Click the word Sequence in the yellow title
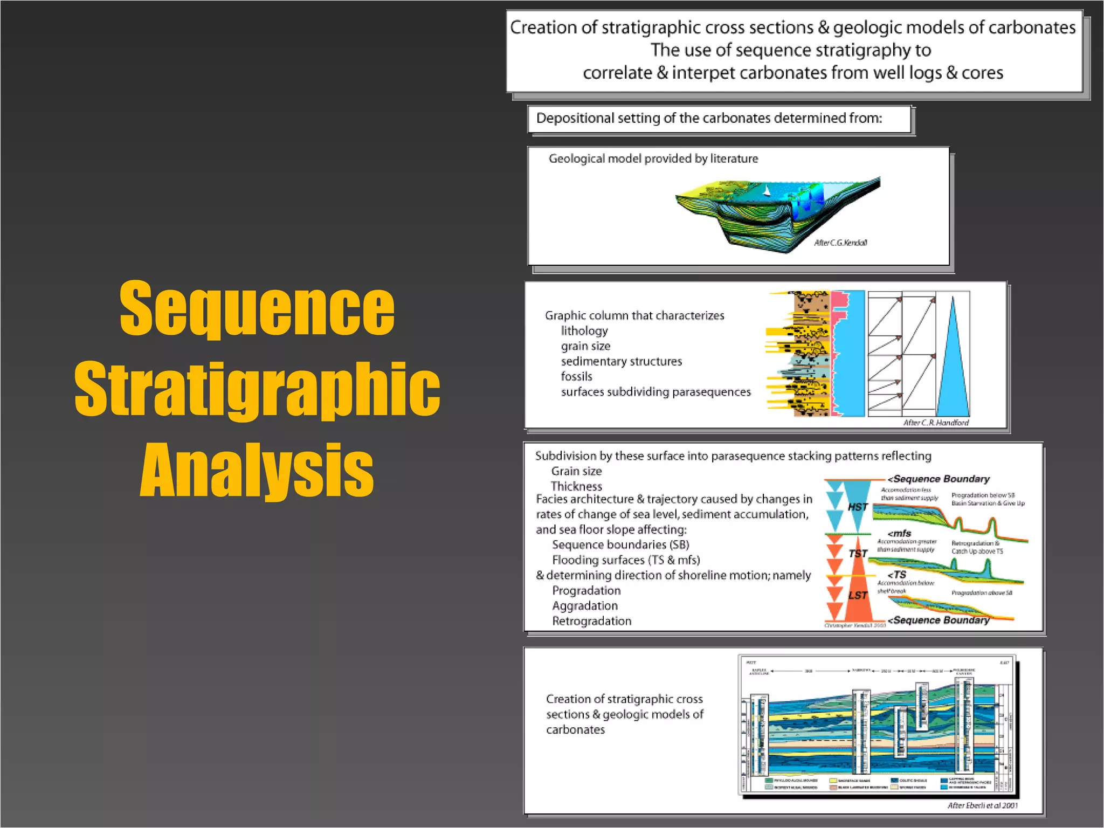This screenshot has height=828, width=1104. coord(257,309)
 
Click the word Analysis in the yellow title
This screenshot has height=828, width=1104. coord(257,470)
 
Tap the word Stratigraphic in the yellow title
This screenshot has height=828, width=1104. coord(257,389)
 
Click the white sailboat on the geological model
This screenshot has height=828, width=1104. coord(767,190)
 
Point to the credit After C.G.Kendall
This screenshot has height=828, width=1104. coord(840,243)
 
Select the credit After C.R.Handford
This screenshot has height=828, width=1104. coord(936,423)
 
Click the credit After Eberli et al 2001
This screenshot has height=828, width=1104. coord(983,805)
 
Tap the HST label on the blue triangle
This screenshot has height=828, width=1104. coord(857,507)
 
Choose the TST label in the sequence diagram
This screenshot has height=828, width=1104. coord(858,554)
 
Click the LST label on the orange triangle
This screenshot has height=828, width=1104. coord(858,595)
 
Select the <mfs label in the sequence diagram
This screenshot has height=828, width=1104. coord(899,533)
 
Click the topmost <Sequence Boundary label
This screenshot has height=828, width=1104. coord(939,479)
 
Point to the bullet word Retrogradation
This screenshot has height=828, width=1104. coord(591,621)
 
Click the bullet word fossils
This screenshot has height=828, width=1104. coord(576,376)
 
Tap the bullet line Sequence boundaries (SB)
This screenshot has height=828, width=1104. coord(620,544)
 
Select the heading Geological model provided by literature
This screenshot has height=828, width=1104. coord(653,158)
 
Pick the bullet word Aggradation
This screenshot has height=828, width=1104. coord(585,606)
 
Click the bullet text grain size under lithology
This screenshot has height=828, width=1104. coord(585,346)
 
